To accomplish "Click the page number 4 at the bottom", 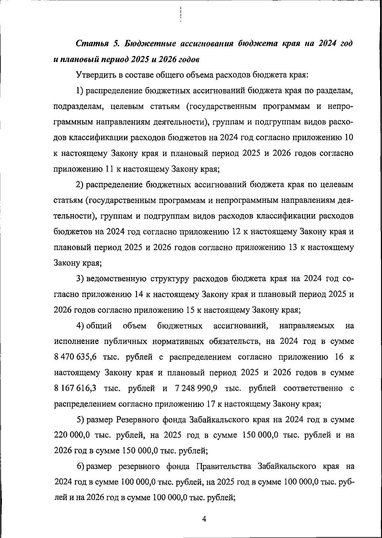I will coord(204,519).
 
